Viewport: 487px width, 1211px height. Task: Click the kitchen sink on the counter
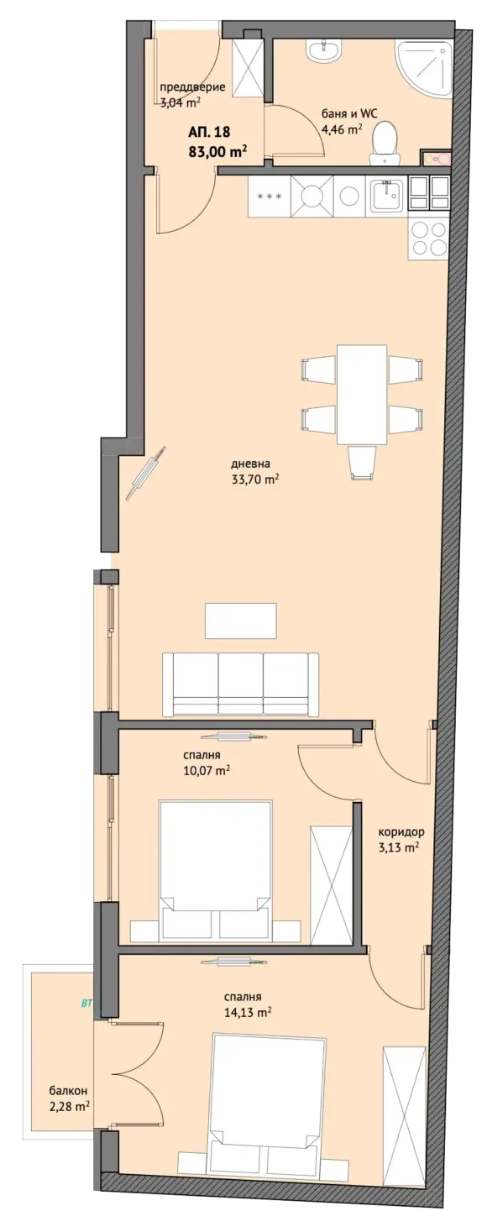pos(388,197)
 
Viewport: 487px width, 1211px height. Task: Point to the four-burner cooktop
pos(429,239)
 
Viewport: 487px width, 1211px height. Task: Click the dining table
pos(362,395)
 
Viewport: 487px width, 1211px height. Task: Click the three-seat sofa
pos(240,684)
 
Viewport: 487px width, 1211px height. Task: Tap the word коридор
pos(401,832)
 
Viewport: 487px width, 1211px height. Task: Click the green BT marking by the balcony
pos(86,1004)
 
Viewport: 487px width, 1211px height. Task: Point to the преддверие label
pos(192,86)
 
